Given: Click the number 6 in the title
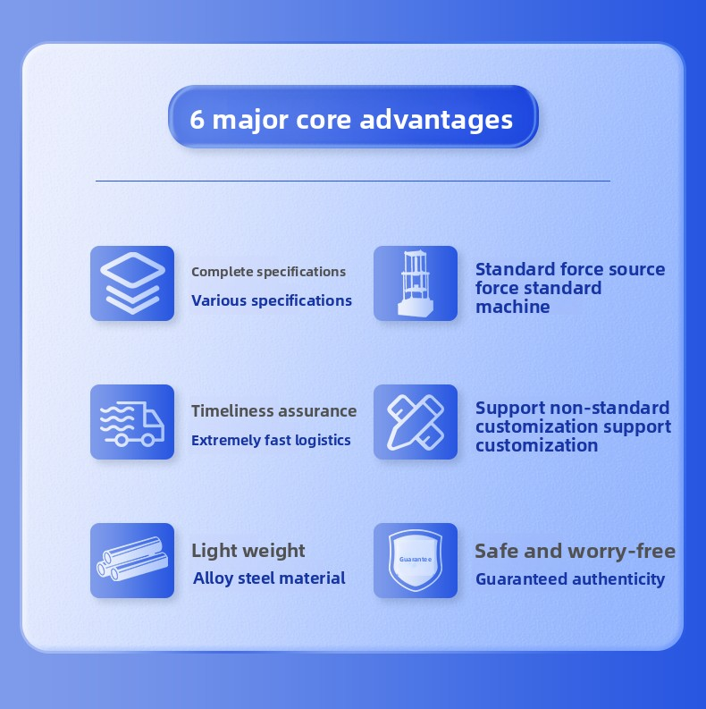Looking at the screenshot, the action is (x=198, y=120).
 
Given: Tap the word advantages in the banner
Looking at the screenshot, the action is (x=436, y=121).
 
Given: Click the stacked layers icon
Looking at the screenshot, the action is (x=132, y=283).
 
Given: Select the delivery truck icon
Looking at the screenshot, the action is (x=132, y=422).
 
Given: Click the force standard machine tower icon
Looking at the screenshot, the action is (x=416, y=283).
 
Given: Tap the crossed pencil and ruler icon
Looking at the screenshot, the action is (x=416, y=422).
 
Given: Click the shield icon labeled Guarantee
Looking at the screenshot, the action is (x=416, y=561).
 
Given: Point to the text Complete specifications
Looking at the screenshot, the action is (x=268, y=272).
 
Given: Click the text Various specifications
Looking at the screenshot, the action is (x=271, y=300).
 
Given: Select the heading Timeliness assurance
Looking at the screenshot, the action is (x=273, y=411).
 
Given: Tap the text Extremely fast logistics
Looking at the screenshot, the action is (x=271, y=441).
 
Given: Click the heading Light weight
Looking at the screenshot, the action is (x=248, y=551).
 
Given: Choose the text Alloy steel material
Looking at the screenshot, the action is (x=269, y=578).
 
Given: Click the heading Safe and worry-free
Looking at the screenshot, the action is (x=575, y=552).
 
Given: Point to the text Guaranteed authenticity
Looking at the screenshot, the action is (x=570, y=579).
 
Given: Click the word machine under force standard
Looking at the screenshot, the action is (x=513, y=307).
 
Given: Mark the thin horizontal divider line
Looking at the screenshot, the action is (x=353, y=181).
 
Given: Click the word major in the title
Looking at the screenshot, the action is (x=250, y=121).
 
